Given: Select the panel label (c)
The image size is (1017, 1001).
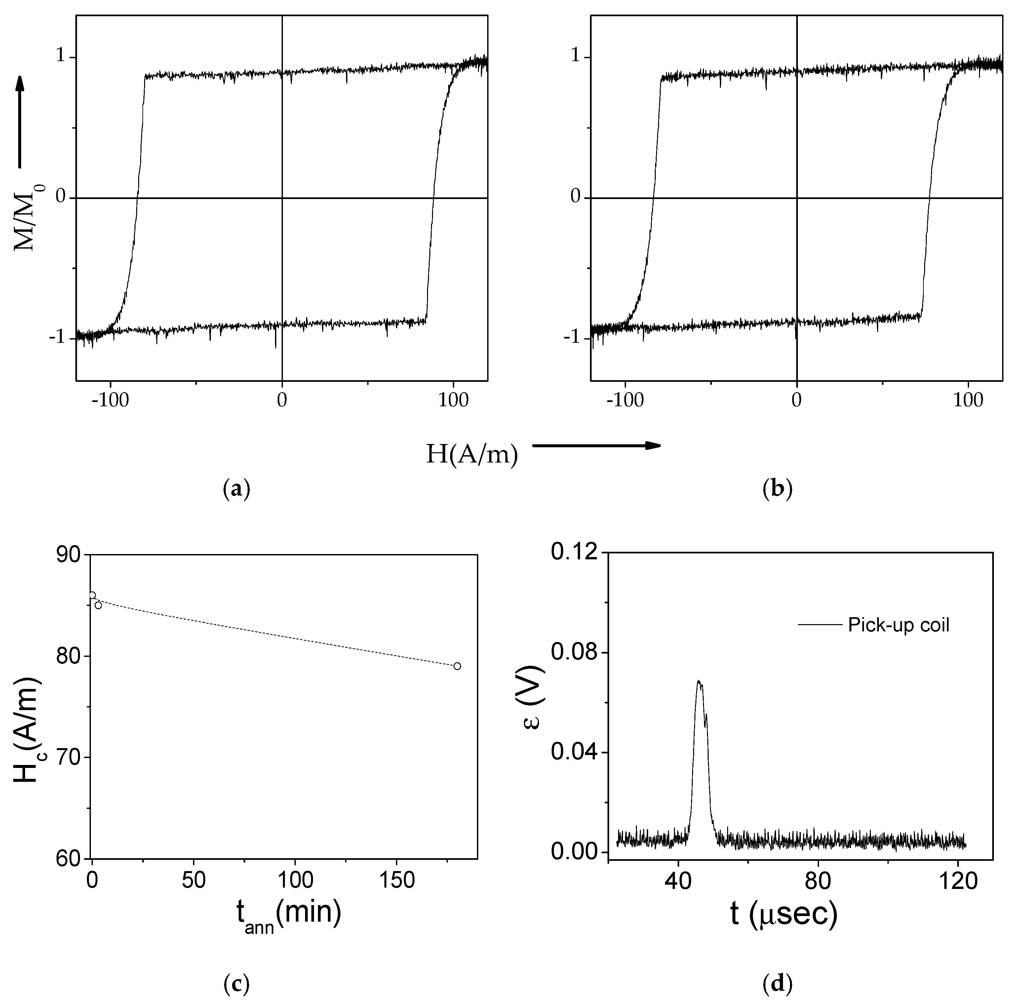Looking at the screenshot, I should tap(232, 984).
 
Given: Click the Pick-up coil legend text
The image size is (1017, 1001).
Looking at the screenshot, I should tap(898, 625).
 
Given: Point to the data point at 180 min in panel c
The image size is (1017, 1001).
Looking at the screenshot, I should tap(457, 666).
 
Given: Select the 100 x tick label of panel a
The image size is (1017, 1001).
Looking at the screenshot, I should tap(453, 401).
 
